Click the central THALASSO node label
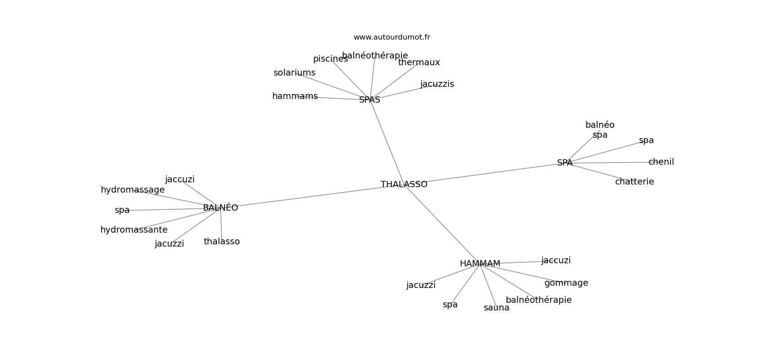(404, 184)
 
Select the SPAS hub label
(369, 100)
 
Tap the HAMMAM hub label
(480, 264)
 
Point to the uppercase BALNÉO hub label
(220, 208)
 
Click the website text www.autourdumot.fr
(391, 37)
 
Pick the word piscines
(330, 59)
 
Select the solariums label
(294, 73)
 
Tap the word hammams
(295, 96)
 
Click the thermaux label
(419, 63)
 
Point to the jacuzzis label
(437, 84)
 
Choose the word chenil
(661, 162)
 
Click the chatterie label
(634, 182)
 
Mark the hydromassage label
(132, 190)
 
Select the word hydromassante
(134, 230)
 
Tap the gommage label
(566, 283)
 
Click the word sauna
(496, 308)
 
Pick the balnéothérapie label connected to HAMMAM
(538, 300)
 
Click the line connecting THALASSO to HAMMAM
(443, 225)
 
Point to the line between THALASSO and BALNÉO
(310, 197)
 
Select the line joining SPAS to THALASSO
(387, 142)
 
